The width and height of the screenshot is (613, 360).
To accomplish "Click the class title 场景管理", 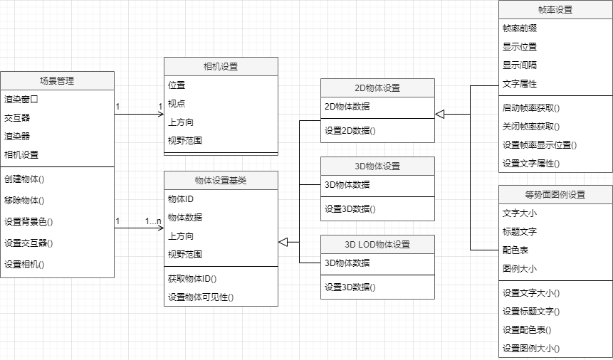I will [57, 81].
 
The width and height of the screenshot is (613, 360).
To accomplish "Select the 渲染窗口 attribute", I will [21, 100].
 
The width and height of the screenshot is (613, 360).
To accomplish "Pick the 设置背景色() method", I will [28, 221].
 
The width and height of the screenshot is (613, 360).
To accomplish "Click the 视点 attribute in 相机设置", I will [177, 103].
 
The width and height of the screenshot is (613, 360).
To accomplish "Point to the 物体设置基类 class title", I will [221, 181].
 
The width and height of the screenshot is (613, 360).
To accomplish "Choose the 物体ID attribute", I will [181, 199].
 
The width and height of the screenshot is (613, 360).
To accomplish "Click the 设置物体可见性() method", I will [201, 297].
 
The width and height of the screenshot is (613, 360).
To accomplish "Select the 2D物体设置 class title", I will [377, 88].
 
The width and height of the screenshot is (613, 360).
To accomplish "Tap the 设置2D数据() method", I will [350, 130].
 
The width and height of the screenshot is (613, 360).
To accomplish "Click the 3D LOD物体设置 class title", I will [377, 245].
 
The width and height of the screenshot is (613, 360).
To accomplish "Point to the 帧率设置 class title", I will [555, 10].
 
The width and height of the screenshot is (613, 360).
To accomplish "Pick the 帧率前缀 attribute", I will [520, 28].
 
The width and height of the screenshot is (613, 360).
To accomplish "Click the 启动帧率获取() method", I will [531, 108].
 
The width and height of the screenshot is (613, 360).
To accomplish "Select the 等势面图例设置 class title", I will [555, 195].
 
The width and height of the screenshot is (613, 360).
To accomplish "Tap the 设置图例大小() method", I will [531, 349].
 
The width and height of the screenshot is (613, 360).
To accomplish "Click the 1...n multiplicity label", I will [153, 221].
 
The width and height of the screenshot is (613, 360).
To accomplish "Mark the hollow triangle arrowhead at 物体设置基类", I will [283, 242].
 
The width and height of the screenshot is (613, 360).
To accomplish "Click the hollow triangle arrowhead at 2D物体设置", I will [439, 114].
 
